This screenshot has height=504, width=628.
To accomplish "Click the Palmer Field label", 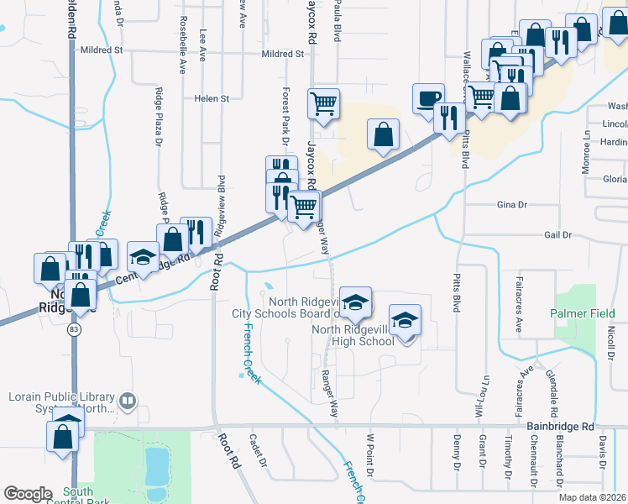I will (583, 313).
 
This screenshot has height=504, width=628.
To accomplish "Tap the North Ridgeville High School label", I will (353, 335).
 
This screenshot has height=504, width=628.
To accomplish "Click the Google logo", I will (28, 493).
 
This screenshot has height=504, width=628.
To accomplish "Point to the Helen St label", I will (212, 98).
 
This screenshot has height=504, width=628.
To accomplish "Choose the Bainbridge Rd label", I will (560, 427).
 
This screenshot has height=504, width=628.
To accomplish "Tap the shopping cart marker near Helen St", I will (323, 104).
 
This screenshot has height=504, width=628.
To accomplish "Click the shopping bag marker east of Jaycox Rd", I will (383, 134).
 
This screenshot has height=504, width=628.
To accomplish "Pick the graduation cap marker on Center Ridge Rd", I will (143, 257).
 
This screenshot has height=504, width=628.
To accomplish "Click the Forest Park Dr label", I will (285, 113).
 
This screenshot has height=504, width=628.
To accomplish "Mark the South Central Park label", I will (77, 497).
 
